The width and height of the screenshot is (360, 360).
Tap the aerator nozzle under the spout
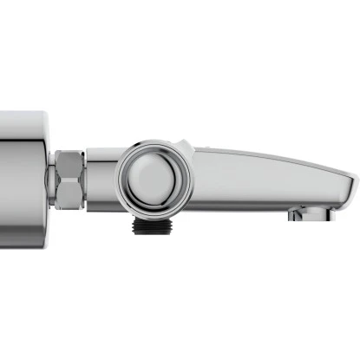click(x=303, y=213)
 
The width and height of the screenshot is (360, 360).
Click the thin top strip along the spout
click(x=260, y=153)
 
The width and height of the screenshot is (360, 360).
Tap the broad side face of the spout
click(x=260, y=178)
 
